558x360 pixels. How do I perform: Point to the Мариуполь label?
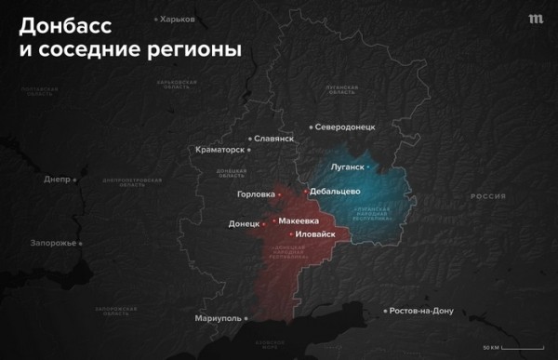[x=218, y=318]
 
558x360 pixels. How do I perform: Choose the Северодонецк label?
[x=344, y=127]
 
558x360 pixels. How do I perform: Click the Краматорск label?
[x=220, y=149]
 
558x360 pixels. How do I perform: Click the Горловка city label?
[x=256, y=194]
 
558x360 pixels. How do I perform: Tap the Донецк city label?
[x=245, y=224]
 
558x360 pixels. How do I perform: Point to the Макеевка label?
[x=298, y=220]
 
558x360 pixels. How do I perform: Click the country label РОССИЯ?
[x=487, y=196]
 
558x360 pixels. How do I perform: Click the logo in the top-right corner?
[x=535, y=19]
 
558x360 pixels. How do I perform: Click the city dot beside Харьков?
[x=155, y=19]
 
